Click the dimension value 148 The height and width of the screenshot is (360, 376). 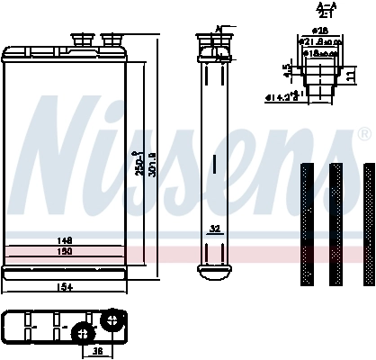(x=64, y=241)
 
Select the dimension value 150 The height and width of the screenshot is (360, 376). (x=64, y=251)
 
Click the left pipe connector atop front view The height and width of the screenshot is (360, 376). (x=83, y=38)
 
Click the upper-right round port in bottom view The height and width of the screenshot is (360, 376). (x=112, y=319)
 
